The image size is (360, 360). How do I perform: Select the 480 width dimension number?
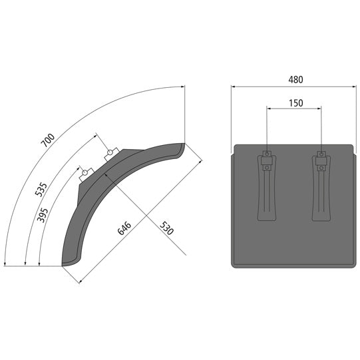295,79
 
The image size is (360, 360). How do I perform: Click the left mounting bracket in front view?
266,188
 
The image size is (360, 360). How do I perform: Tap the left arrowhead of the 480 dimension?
234,87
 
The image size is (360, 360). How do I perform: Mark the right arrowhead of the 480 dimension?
355,87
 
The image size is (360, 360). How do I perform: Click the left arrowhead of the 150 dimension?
268,109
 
